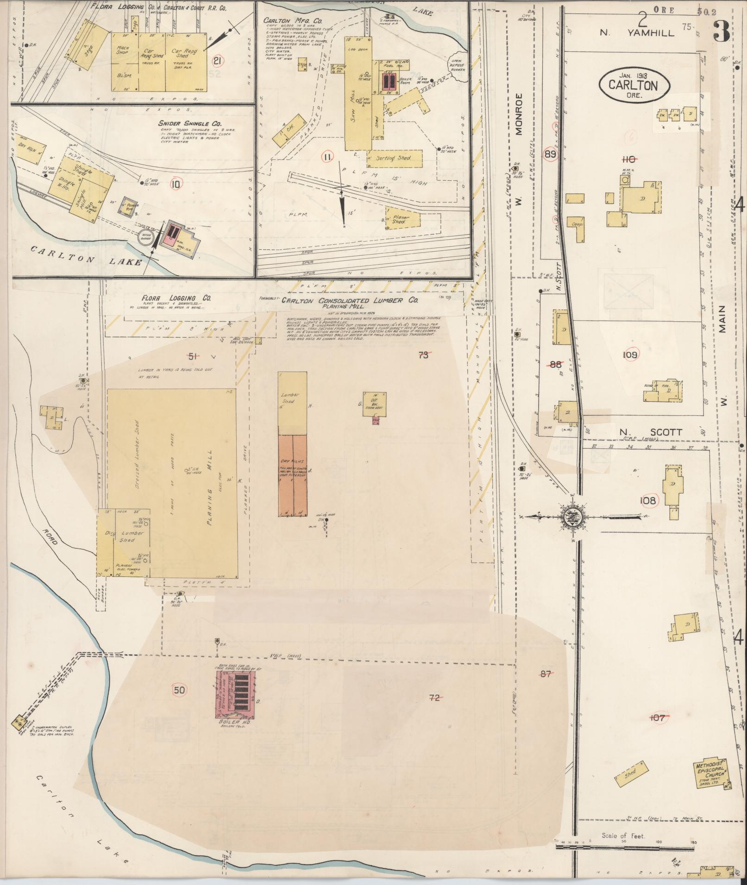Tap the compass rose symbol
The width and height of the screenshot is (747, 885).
point(572,515)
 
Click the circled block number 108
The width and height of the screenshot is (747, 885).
point(648,500)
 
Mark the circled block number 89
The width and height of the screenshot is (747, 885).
point(550,155)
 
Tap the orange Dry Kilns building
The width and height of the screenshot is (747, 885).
point(293,475)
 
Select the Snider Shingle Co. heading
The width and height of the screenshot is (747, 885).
point(190,124)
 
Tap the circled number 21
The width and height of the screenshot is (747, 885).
point(217,60)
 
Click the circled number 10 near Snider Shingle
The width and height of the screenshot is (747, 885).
point(175,184)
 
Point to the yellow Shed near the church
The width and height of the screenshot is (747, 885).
point(630,773)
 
